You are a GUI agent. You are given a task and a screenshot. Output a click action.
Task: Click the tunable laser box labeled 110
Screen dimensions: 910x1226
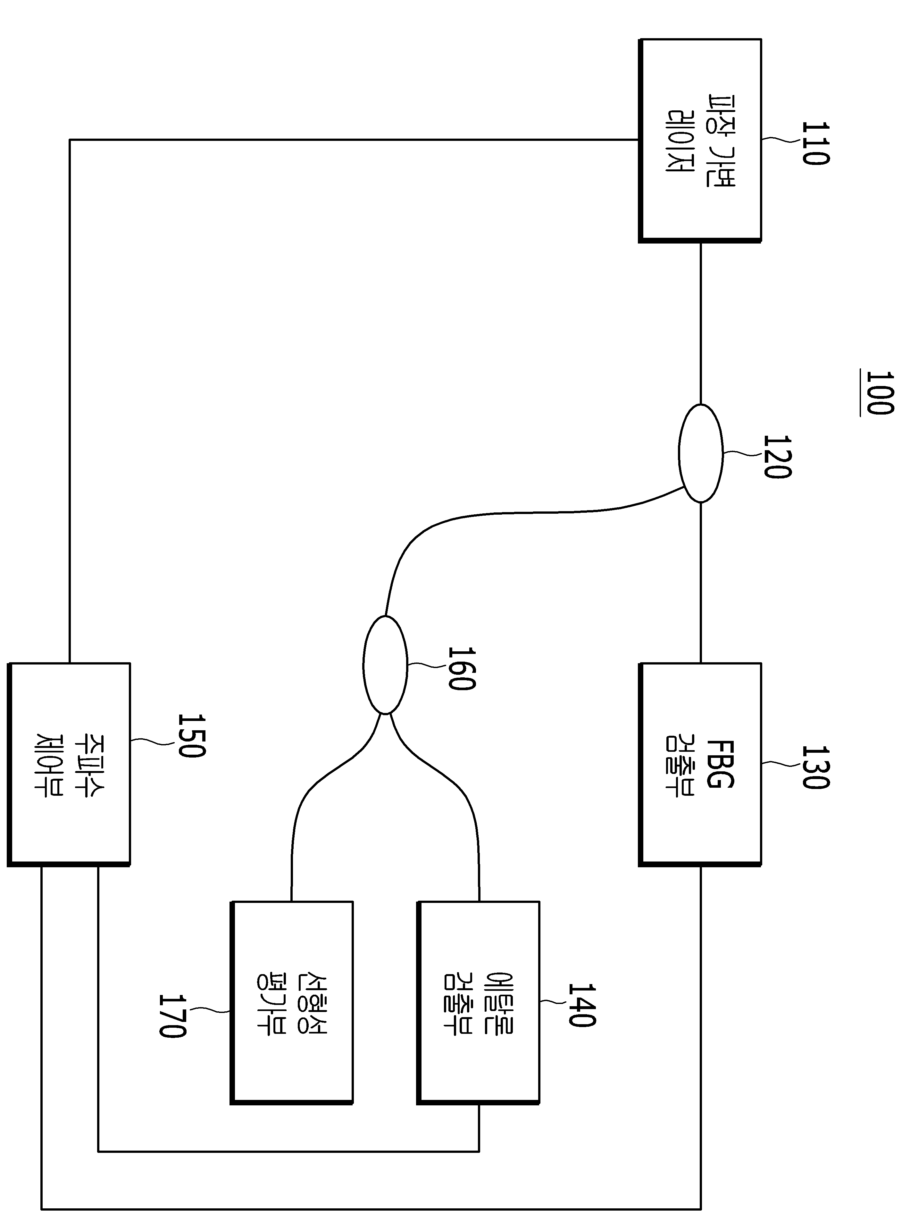[700, 141]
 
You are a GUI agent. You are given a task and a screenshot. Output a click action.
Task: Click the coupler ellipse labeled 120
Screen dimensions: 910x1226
[700, 453]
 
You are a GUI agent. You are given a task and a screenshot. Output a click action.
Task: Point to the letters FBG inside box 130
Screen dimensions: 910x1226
[719, 764]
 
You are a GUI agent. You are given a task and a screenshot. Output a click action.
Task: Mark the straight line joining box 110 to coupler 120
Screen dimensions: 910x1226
[701, 324]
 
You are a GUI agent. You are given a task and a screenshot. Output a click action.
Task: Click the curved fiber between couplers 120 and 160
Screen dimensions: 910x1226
[529, 513]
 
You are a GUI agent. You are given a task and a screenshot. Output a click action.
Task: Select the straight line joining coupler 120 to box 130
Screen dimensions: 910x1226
[701, 583]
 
